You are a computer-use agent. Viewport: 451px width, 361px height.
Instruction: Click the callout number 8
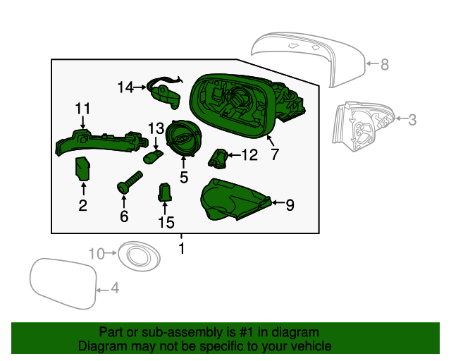pos(384,65)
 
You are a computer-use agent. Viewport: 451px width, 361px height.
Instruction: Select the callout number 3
pos(412,120)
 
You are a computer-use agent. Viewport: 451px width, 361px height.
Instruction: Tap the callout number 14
pos(125,87)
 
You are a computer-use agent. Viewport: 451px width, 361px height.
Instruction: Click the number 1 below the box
pos(181,248)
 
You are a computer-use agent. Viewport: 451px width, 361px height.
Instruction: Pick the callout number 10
pos(96,252)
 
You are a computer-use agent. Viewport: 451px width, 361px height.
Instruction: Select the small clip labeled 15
pos(164,191)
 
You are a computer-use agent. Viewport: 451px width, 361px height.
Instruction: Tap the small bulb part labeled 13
pos(151,157)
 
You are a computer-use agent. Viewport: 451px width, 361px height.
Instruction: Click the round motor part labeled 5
pos(183,138)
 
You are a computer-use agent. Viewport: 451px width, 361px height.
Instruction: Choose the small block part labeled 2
pos(84,170)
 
